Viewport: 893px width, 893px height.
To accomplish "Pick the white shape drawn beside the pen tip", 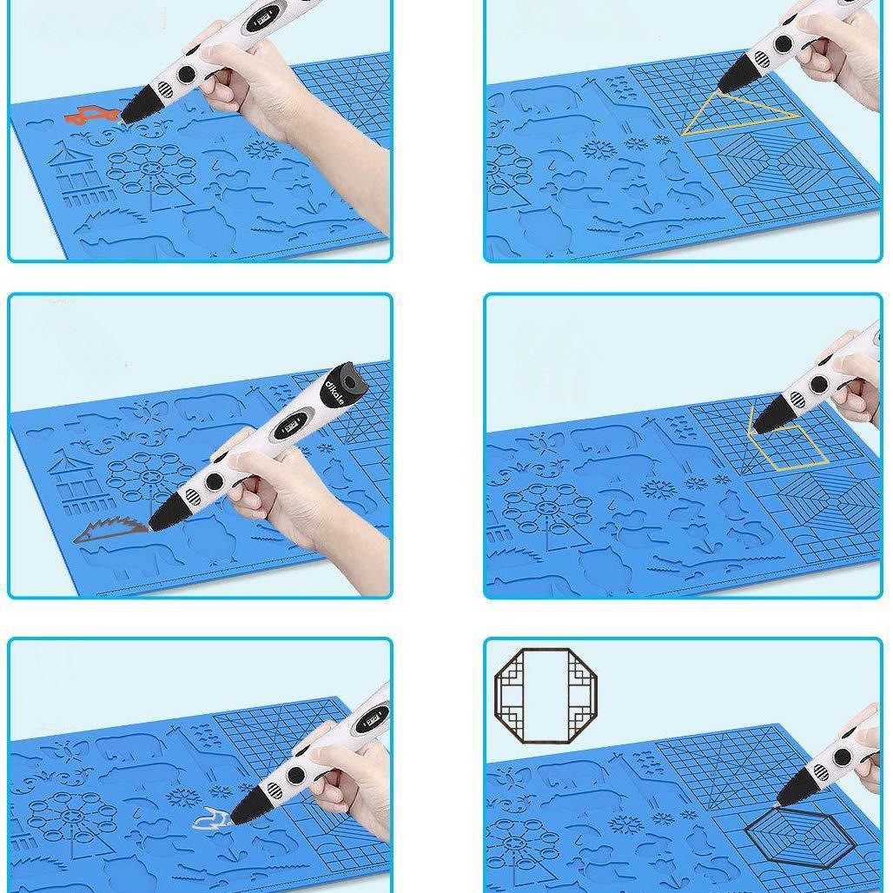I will pos(210,817).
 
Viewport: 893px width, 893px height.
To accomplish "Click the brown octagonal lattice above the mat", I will pos(545,695).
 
